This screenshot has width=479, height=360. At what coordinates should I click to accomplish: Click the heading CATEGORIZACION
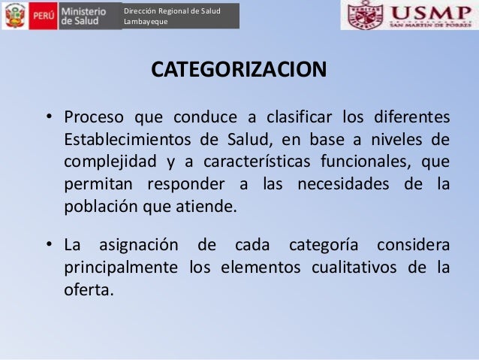pyautogui.click(x=239, y=70)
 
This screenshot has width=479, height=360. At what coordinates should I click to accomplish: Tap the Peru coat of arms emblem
pyautogui.click(x=14, y=16)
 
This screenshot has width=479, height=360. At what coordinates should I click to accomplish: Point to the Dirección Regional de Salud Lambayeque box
pyautogui.click(x=180, y=16)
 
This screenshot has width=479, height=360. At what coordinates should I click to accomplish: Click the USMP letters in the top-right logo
pyautogui.click(x=429, y=13)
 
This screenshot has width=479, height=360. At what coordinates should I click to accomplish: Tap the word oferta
pyautogui.click(x=89, y=289)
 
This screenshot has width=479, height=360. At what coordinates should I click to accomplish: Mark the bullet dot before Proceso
pyautogui.click(x=47, y=118)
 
